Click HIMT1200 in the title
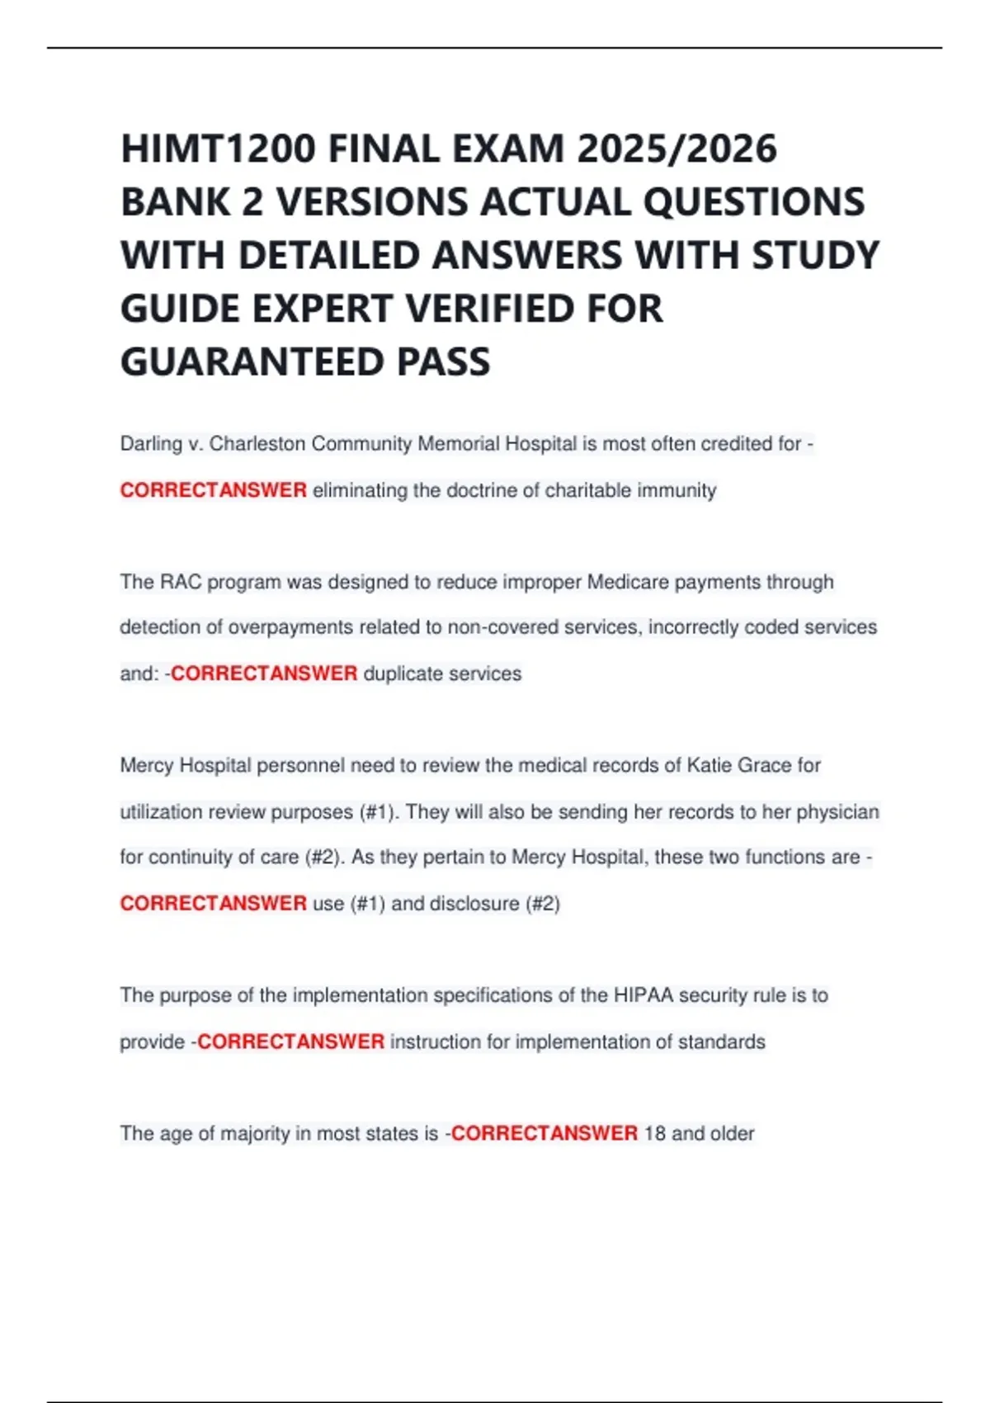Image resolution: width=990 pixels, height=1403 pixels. [x=218, y=149]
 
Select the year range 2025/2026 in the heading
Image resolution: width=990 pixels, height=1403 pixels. [x=676, y=149]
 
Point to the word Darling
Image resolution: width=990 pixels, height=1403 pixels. [x=151, y=444]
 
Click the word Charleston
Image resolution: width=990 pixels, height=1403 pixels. [x=257, y=444]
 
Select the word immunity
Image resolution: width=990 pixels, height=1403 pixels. [x=676, y=490]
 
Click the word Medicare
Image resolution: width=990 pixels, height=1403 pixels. [x=628, y=582]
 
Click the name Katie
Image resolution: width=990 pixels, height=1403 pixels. [x=709, y=765]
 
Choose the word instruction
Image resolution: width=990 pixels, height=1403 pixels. [x=435, y=1042]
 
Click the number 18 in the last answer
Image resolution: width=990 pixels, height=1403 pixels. [x=654, y=1133]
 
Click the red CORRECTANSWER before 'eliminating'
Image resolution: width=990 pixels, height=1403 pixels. [x=213, y=490]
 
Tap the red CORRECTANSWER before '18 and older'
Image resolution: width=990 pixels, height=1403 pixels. [x=544, y=1133]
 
